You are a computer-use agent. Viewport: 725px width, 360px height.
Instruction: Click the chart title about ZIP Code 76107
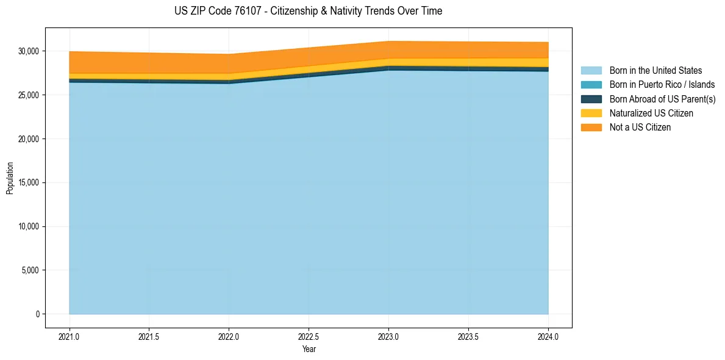point(308,11)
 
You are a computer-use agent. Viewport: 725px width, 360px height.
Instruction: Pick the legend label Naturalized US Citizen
point(651,113)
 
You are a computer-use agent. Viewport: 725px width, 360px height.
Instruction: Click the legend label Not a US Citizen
point(640,128)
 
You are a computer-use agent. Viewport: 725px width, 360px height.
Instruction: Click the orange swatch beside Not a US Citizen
point(591,128)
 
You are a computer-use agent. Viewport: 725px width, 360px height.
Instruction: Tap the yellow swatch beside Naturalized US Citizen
point(591,113)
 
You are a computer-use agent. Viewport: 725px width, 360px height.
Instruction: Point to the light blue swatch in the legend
point(591,71)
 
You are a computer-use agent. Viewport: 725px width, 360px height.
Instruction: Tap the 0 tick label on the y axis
point(38,314)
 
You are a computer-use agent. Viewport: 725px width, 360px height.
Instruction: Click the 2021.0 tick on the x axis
point(70,336)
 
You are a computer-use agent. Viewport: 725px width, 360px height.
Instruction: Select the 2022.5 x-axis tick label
point(309,336)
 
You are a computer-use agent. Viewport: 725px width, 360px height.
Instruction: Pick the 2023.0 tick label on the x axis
point(388,336)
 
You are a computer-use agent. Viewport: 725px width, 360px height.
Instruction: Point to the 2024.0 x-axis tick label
point(548,336)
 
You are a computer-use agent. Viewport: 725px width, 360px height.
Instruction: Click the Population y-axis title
point(10,178)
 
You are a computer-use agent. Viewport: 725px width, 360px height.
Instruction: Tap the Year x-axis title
point(309,350)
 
